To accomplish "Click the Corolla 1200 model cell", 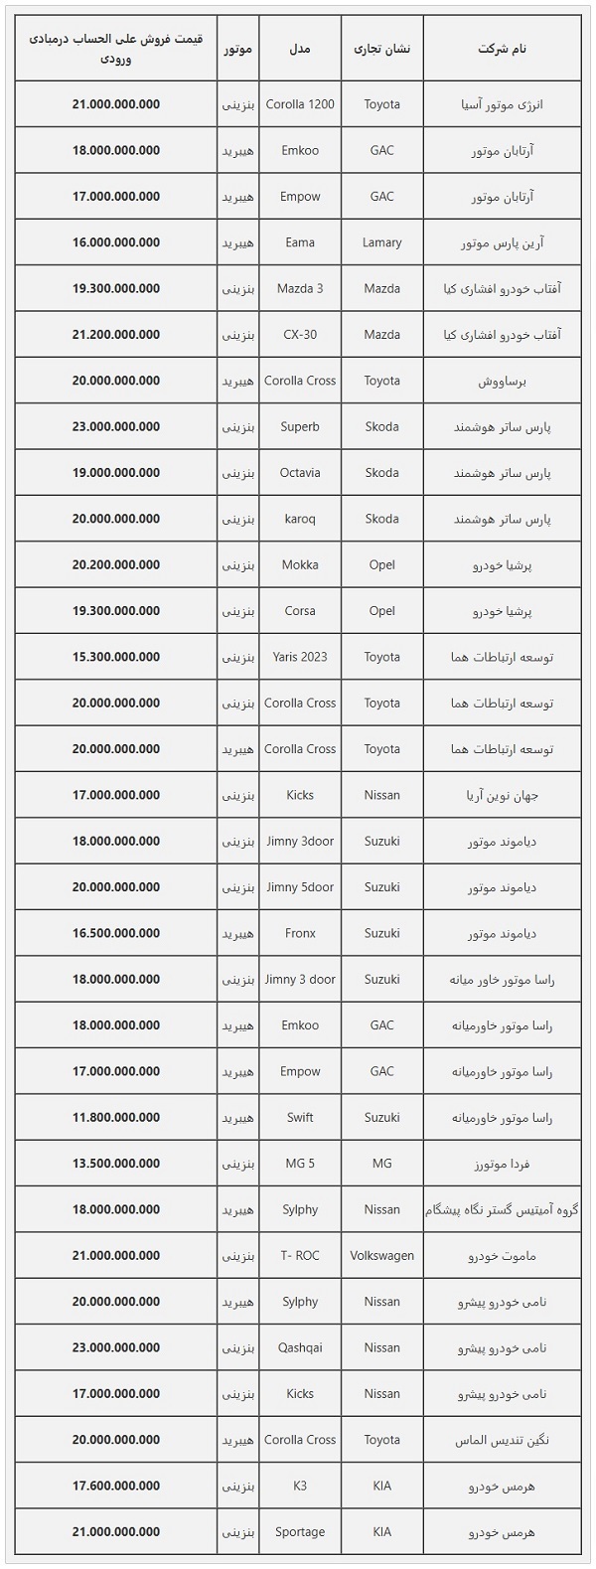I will coord(300,104).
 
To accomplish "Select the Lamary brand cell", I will coord(381,242).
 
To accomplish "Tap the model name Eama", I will coord(300,242).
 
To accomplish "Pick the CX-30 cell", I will coord(300,335).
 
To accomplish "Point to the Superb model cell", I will coord(300,427).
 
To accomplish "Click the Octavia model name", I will coord(300,473).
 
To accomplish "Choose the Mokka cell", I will coord(300,565).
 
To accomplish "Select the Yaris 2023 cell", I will coord(300,657).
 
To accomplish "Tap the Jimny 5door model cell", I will coord(300,887).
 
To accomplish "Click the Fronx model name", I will coord(300,934).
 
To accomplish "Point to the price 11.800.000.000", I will coord(116,1118).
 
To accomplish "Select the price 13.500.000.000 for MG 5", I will coord(116,1164).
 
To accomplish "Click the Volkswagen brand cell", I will coord(381,1256).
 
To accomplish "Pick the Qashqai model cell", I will coord(300,1348).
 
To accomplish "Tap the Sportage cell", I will coord(300,1532).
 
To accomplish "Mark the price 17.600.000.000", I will coord(116,1487).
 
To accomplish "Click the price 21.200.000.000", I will coord(116,335).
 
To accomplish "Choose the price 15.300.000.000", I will coord(116,657).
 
